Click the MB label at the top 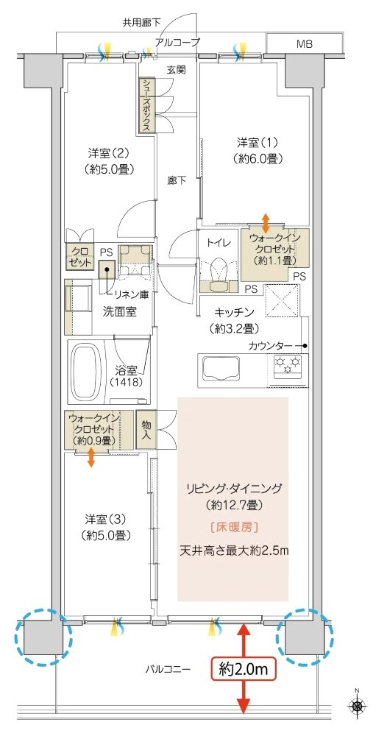tap(305, 44)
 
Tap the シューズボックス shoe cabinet tap(147, 105)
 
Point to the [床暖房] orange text tap(234, 527)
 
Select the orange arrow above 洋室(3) tap(91, 458)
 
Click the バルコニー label tap(168, 670)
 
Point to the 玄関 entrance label tap(176, 70)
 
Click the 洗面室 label tap(119, 311)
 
